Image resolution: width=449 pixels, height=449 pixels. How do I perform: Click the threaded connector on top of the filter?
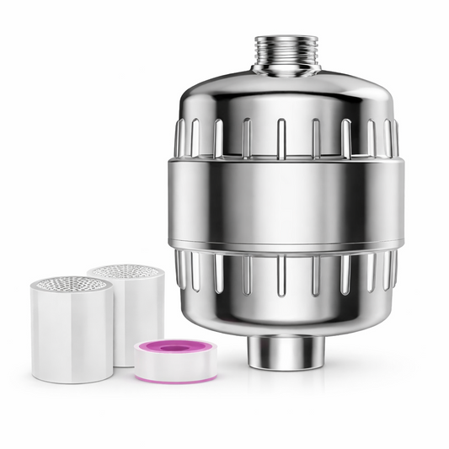(x=286, y=52)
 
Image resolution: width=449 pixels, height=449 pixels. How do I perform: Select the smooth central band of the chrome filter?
(x=287, y=203)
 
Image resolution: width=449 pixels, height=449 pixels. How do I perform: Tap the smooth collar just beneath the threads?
(x=286, y=71)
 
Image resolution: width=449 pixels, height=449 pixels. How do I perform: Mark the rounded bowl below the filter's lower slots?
(x=286, y=312)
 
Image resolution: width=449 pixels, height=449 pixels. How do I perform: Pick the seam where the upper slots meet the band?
(x=286, y=160)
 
